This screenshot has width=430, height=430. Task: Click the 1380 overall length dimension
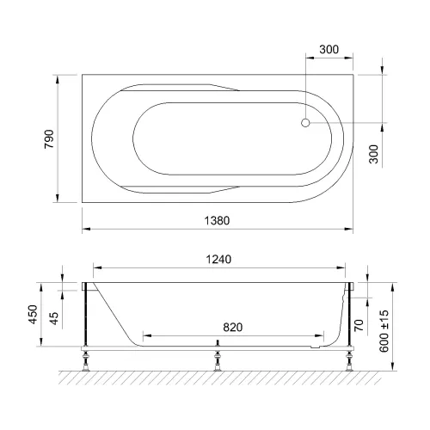point(218,220)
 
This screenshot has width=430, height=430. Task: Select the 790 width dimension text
point(49,138)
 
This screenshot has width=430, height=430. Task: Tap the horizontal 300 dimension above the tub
point(328,51)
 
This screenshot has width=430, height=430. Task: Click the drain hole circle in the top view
point(304,123)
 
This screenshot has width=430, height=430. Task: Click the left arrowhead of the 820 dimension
point(145,334)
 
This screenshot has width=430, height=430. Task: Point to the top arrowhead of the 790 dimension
point(58,77)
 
